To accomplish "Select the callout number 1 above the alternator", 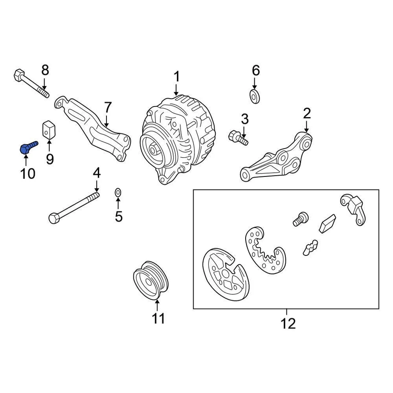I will pos(176,77).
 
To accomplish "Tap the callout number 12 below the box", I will pos(288,323).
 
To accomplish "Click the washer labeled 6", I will pos(255,97).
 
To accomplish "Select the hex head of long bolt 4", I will pos(53,218).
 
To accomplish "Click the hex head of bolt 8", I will pos(19,76).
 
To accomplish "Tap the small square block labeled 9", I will pos(49,131).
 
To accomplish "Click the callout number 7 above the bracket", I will pos(107,108).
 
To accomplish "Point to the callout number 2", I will pos(307,113).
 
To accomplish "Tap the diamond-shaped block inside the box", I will pos(327,223).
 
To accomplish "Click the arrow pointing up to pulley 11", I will pos(158,305).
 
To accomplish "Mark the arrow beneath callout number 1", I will pos(176,90).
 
